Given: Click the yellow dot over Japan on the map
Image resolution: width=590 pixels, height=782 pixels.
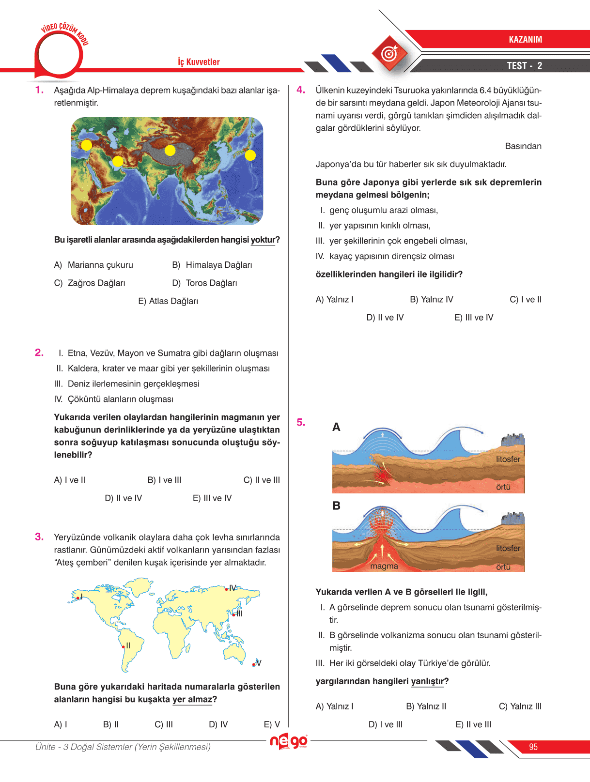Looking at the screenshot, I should click(250, 155).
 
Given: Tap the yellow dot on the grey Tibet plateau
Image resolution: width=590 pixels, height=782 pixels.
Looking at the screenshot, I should click(170, 150).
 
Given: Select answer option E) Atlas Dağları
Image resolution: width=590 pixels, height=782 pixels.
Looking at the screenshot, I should click(168, 301).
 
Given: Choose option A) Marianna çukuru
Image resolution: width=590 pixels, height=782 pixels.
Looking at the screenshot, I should click(93, 265).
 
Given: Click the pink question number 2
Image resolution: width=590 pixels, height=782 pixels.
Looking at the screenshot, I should click(39, 353).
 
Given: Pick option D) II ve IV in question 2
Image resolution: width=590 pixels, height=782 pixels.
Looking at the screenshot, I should click(124, 498).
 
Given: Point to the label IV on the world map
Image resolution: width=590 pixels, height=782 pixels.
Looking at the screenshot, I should click(233, 588).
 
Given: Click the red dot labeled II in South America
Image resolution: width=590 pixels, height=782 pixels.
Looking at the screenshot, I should click(124, 647).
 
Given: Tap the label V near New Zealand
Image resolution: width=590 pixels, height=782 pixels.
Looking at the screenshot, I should click(259, 663).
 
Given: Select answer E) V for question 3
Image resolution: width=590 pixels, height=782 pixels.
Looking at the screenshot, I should click(272, 724).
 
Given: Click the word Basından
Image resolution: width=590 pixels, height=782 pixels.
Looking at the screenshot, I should click(523, 146).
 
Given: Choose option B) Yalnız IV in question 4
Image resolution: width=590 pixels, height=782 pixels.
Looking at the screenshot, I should click(432, 299).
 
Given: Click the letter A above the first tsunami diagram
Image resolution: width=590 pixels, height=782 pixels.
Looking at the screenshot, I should click(336, 427).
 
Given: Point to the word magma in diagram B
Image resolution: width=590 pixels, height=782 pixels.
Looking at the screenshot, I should click(384, 566).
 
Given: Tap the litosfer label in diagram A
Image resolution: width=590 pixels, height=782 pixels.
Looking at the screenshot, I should click(508, 459).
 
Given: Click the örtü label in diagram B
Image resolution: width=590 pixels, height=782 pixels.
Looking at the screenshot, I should click(503, 567).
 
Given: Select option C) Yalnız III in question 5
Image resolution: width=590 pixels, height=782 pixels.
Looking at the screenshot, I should click(520, 706).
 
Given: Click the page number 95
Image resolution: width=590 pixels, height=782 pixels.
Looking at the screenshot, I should click(533, 747).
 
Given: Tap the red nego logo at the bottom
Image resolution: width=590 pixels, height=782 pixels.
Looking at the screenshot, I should click(289, 741).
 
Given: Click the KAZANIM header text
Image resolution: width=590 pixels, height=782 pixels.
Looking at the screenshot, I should click(526, 39).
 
